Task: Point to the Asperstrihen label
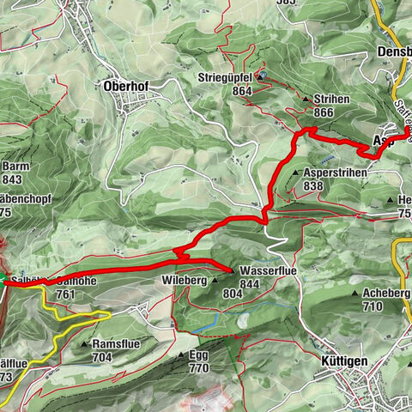coord(336,172)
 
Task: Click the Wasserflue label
coord(261,270)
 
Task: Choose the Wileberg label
coord(185,281)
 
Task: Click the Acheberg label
coord(385,293)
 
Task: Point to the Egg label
coord(198,354)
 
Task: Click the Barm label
coord(14,167)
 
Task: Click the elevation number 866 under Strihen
coord(323,112)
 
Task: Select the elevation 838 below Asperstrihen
coord(312,185)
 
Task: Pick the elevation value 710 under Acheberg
coord(373,306)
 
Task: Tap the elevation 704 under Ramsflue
coord(102,357)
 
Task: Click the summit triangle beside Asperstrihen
coord(295,173)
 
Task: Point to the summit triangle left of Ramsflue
coord(85,344)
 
